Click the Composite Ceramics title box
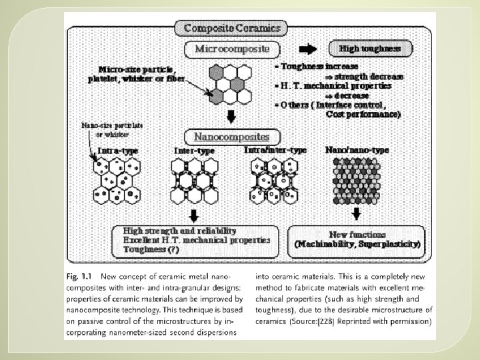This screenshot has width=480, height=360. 231,28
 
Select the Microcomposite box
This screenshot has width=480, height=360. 232,49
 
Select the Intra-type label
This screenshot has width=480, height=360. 118,151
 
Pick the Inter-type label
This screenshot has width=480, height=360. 194,151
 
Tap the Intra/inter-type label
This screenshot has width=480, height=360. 275,151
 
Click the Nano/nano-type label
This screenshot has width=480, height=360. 353,151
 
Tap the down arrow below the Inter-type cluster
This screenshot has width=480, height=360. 193,215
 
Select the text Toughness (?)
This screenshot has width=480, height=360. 151,249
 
